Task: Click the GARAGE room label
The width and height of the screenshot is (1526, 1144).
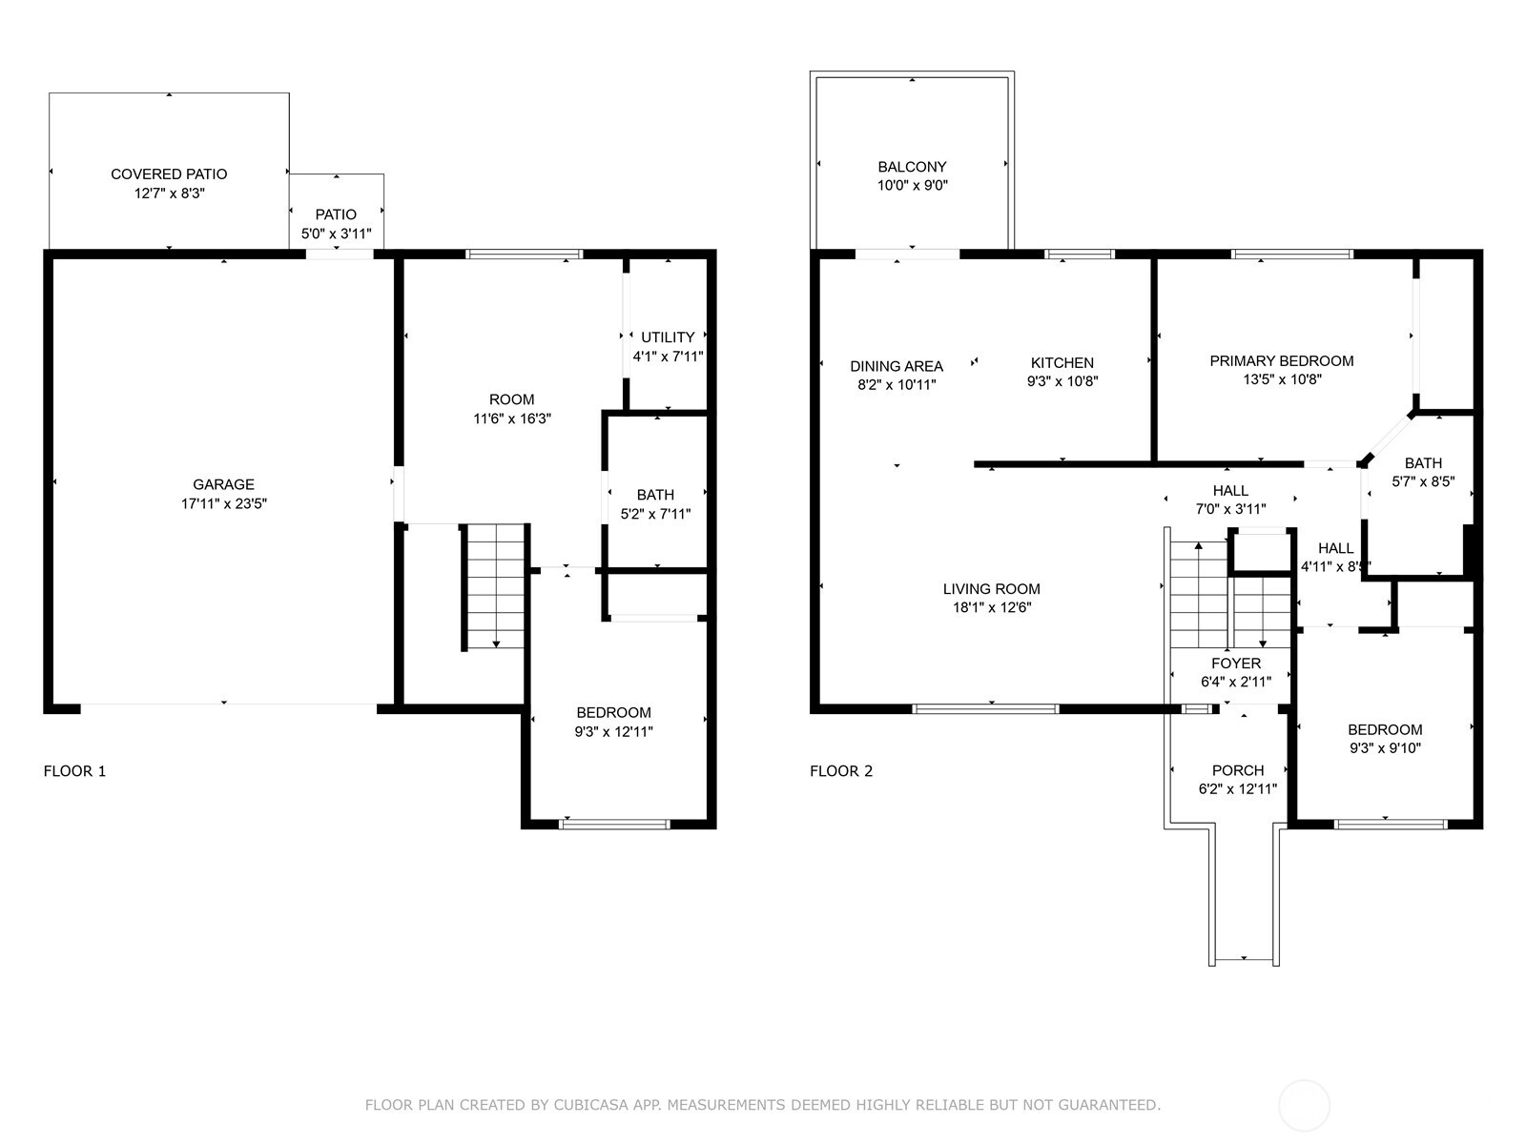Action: coord(223,484)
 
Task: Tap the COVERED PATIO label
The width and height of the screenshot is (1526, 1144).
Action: coord(169,174)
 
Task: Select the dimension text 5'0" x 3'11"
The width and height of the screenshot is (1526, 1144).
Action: coord(336,234)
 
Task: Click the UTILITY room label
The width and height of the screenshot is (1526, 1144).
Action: coord(668,337)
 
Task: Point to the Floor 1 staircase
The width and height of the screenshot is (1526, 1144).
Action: coord(495,586)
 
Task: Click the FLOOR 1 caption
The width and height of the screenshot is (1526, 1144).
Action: coord(74,771)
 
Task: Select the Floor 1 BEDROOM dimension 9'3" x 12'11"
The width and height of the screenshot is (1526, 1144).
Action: coord(613,732)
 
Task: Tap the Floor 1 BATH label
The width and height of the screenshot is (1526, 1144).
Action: coord(655,495)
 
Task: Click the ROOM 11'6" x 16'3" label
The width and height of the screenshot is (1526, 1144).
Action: coord(512,399)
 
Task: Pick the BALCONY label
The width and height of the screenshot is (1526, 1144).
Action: coord(912,167)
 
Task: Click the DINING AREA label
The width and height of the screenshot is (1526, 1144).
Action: coord(897,366)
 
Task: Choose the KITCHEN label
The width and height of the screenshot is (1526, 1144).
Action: coord(1062,363)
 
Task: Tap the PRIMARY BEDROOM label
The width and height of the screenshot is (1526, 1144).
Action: coord(1281,361)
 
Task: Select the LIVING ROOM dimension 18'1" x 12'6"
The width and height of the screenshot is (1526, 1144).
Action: coord(992,608)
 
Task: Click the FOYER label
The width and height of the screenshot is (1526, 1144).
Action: coord(1236,664)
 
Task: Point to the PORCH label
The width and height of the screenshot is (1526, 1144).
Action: coord(1238,770)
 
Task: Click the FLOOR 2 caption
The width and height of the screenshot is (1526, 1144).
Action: coord(841,771)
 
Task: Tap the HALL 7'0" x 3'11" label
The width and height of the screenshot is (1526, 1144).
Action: coord(1230,491)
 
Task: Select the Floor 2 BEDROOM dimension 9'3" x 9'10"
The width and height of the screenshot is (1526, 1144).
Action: coord(1385,748)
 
